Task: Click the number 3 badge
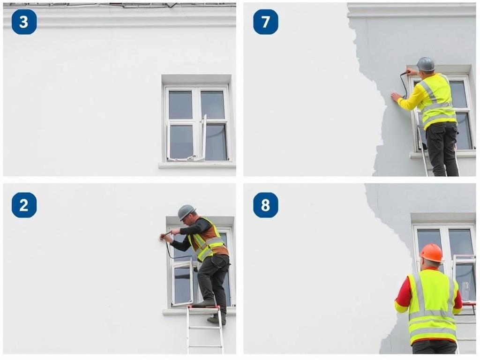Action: [24, 22]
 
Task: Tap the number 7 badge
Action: [265, 22]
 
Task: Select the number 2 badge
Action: [24, 205]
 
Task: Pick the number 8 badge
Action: [265, 205]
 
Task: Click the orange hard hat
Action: [431, 252]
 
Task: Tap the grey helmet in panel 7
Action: [426, 64]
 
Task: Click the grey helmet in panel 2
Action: [186, 211]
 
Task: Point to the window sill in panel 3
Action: [197, 165]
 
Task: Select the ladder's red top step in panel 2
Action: [204, 309]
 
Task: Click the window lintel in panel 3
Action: [196, 79]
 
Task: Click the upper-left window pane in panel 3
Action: [180, 105]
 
